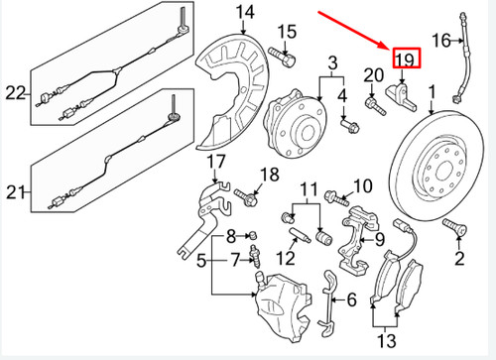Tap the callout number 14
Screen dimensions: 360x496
(x=244, y=12)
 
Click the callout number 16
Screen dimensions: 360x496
(x=440, y=41)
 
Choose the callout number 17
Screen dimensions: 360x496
(x=216, y=162)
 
